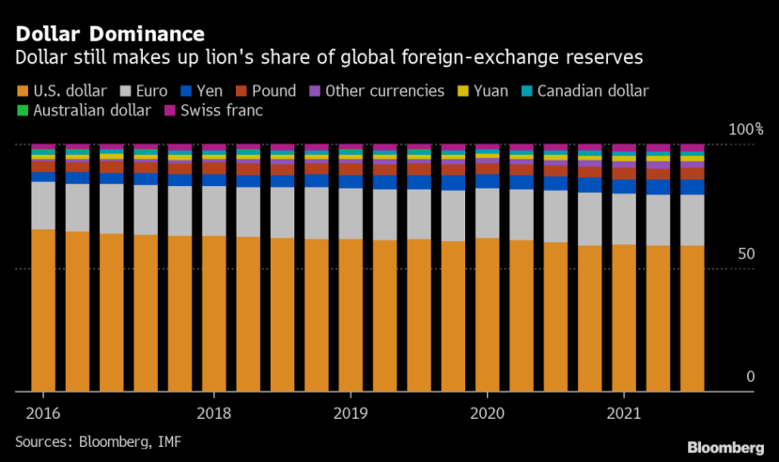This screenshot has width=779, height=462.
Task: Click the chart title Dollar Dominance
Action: point(110,35)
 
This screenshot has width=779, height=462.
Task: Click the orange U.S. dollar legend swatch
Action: point(22,91)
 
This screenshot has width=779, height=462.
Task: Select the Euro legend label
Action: point(151,91)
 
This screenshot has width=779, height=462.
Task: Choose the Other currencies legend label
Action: point(384,91)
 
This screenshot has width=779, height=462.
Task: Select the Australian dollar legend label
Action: point(92,111)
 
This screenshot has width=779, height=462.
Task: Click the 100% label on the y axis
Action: point(747,129)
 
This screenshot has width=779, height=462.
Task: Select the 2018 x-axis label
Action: point(214,413)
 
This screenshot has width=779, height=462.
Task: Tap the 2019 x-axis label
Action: point(351,413)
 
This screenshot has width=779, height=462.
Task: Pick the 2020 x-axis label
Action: point(488,413)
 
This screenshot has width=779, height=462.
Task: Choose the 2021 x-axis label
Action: point(624,413)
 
